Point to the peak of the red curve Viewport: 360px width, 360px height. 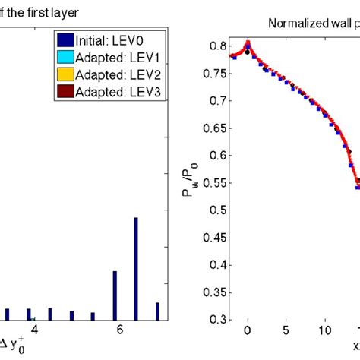(248, 41)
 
